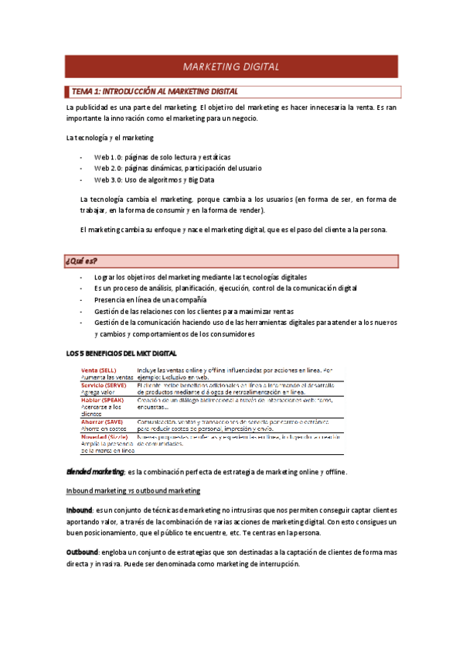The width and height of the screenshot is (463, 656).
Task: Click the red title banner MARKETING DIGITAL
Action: click(x=231, y=67)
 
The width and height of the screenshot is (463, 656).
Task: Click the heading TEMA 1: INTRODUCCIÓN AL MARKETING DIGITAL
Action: click(x=155, y=91)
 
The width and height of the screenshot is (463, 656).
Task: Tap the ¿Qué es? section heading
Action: click(x=82, y=260)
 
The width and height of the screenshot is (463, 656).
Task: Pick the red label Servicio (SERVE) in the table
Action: click(x=104, y=384)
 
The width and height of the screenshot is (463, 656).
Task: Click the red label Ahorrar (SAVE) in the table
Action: click(x=104, y=422)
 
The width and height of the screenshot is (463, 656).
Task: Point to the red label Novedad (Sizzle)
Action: click(x=104, y=436)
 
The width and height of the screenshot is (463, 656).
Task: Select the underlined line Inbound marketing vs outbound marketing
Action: click(x=133, y=490)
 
